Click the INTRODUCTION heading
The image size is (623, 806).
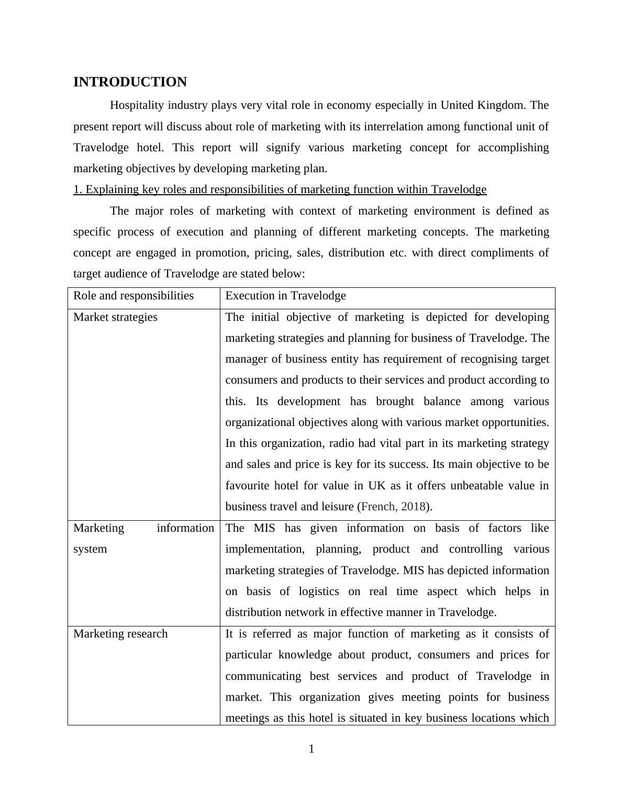[x=130, y=82]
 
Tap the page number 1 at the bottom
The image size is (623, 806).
[x=311, y=749]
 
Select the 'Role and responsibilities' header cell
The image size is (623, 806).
[x=133, y=296]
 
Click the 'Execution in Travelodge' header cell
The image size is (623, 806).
[x=285, y=296]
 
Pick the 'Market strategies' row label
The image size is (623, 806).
[x=115, y=317]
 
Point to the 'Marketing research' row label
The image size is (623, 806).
[x=120, y=634]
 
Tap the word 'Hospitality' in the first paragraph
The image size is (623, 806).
[x=137, y=105]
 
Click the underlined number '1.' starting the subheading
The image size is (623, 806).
[x=77, y=189]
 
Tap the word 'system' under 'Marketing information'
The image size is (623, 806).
[x=90, y=549]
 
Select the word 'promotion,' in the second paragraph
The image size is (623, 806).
[x=222, y=253]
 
